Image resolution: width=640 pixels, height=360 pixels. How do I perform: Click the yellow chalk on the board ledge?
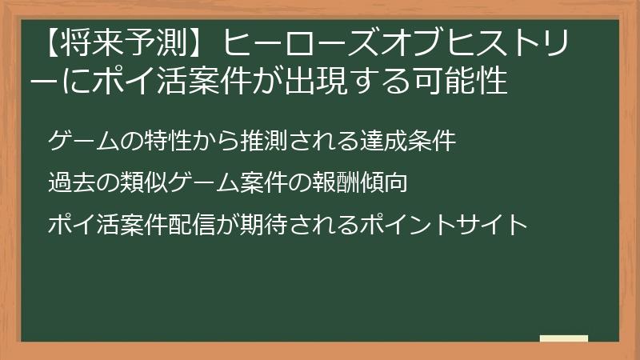(564, 339)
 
